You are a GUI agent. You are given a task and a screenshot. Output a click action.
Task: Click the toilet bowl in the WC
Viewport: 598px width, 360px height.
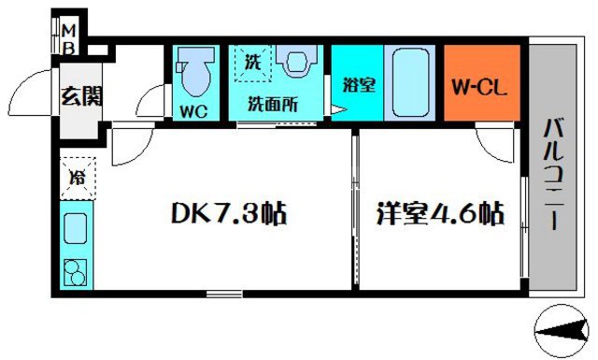(x=195, y=75)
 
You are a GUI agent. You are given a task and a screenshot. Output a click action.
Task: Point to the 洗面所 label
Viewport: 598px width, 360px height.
(x=271, y=105)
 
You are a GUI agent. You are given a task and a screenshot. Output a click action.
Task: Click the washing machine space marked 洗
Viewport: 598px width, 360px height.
(x=252, y=65)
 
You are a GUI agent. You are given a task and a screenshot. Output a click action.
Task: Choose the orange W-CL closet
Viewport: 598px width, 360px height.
(x=481, y=87)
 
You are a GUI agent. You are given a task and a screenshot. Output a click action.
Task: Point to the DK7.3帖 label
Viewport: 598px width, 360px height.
(x=227, y=214)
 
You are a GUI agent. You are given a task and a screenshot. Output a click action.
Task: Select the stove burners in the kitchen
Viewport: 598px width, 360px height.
(x=74, y=272)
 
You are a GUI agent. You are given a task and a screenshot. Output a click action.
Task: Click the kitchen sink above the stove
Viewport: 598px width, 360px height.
(x=74, y=230)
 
